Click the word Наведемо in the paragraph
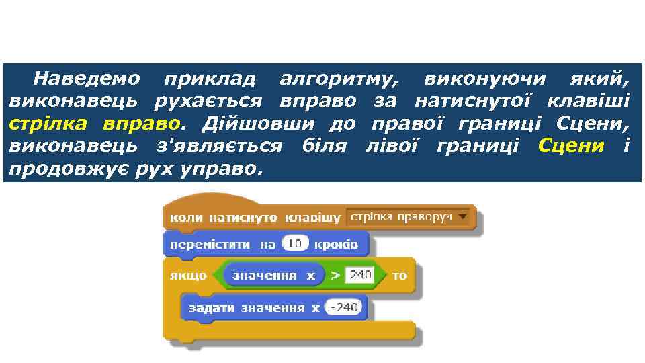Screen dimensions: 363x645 pyautogui.click(x=87, y=79)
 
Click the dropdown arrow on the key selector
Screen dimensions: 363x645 pyautogui.click(x=462, y=217)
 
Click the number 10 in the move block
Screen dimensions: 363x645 pyautogui.click(x=294, y=244)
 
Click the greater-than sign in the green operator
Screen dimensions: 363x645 pyautogui.click(x=334, y=276)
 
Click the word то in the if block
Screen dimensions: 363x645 pyautogui.click(x=400, y=276)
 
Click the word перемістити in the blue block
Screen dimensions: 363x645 pyautogui.click(x=210, y=245)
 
